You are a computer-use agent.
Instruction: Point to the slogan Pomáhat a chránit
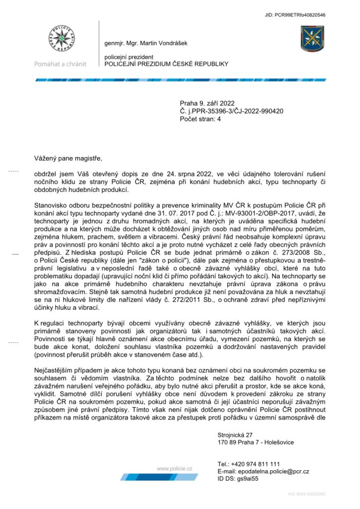pos(60,64)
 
